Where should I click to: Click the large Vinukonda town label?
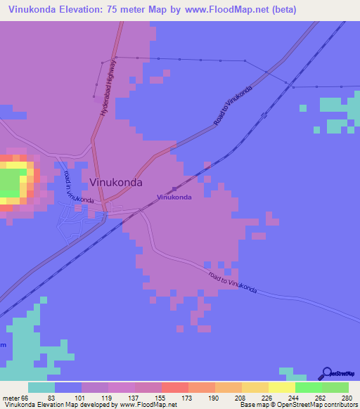[x=117, y=182]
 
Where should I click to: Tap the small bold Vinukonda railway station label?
[x=174, y=197]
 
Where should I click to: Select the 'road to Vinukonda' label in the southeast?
[x=233, y=282]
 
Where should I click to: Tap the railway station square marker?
[x=174, y=188]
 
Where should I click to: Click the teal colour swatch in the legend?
[x=41, y=387]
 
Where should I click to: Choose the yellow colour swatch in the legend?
[x=281, y=387]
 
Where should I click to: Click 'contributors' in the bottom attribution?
[x=340, y=405]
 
